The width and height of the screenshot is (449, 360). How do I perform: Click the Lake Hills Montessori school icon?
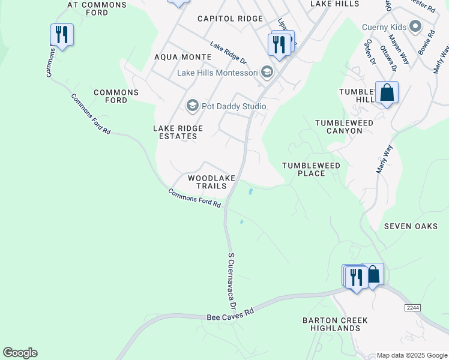pos(267,73)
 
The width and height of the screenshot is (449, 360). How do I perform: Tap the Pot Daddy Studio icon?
pos(192,106)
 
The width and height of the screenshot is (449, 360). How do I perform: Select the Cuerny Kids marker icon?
pos(415,27)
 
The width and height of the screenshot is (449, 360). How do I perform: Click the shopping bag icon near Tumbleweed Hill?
pos(387,94)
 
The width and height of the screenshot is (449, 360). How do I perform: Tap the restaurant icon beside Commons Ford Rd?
pos(62,35)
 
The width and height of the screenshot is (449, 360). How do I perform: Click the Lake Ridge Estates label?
pos(178,132)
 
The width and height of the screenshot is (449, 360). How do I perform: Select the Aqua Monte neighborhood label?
pos(183,57)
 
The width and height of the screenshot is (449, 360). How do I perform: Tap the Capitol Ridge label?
pos(231,19)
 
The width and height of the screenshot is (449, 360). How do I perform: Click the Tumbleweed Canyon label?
pos(339,127)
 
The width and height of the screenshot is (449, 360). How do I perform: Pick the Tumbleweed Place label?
pos(312,169)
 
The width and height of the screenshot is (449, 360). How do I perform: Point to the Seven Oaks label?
pos(411,226)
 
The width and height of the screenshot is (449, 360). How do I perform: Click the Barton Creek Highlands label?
pos(335,324)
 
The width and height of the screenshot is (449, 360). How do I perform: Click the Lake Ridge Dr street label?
pos(228,53)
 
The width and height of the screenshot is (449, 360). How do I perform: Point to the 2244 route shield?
pos(412,308)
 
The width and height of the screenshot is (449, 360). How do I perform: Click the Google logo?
pos(20,353)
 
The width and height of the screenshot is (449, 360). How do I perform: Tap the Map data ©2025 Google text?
pos(412,355)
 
